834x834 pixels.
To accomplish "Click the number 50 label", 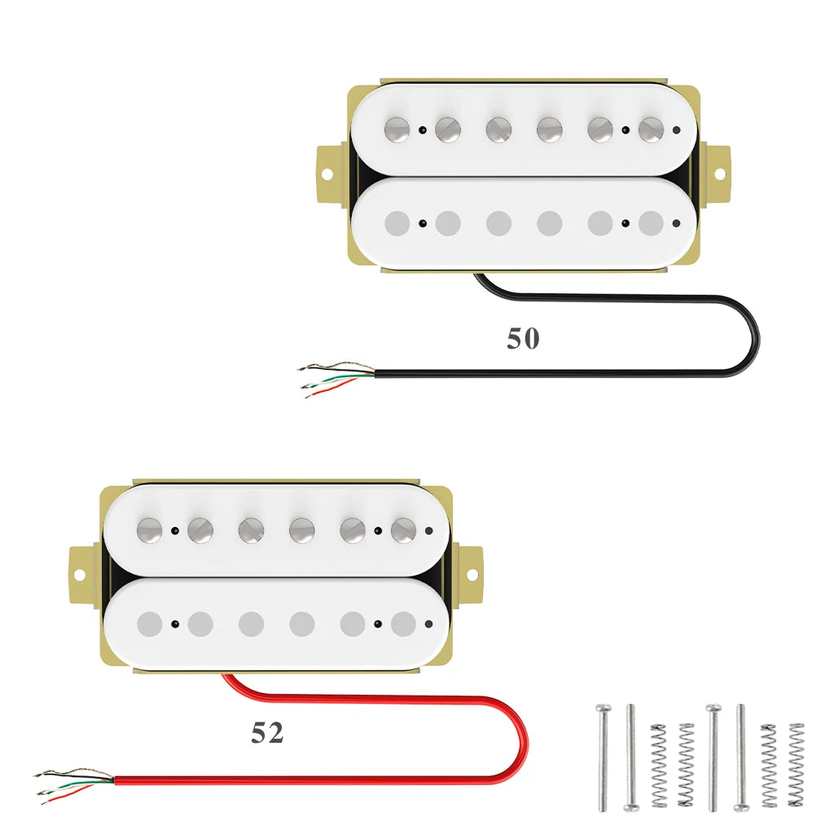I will pyautogui.click(x=523, y=339).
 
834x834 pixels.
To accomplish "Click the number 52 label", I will pyautogui.click(x=267, y=733).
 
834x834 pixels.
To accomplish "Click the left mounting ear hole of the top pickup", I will pyautogui.click(x=327, y=174).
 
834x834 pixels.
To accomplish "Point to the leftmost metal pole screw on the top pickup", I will pyautogui.click(x=397, y=129).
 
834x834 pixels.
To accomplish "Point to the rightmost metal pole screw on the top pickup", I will pyautogui.click(x=651, y=129).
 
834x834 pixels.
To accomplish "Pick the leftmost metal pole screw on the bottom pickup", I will pyautogui.click(x=150, y=529).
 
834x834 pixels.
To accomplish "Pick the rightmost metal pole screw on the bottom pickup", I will pyautogui.click(x=403, y=529).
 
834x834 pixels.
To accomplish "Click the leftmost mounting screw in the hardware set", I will pyautogui.click(x=603, y=757).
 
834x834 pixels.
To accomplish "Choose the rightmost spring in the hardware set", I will pyautogui.click(x=796, y=764).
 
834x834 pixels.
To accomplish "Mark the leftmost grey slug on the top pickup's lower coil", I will pyautogui.click(x=397, y=223).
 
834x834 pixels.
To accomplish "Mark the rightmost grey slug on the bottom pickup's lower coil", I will pyautogui.click(x=403, y=624).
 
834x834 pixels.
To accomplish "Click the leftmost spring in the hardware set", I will pyautogui.click(x=658, y=764).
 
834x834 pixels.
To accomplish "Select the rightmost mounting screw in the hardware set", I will pyautogui.click(x=741, y=757).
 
